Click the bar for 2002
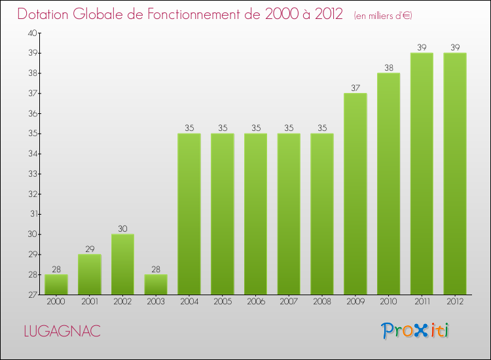coord(122,264)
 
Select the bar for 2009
coord(355,194)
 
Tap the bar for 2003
coord(156,285)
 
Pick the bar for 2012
coord(455,173)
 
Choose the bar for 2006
coord(255,214)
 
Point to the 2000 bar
coord(56,285)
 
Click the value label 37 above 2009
coord(355,88)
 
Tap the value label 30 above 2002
coord(122,228)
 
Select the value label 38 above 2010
coord(389,67)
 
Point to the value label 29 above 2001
coord(90,249)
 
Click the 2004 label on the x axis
coord(189,302)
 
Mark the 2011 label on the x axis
coord(422,302)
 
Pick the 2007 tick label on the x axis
coord(289,302)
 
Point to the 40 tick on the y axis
coord(32,33)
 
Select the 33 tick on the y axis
coord(32,174)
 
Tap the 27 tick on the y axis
coord(32,295)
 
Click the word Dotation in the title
coord(48,14)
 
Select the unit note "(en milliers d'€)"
coord(383,16)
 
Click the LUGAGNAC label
coord(62,331)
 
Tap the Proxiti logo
coord(416,331)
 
